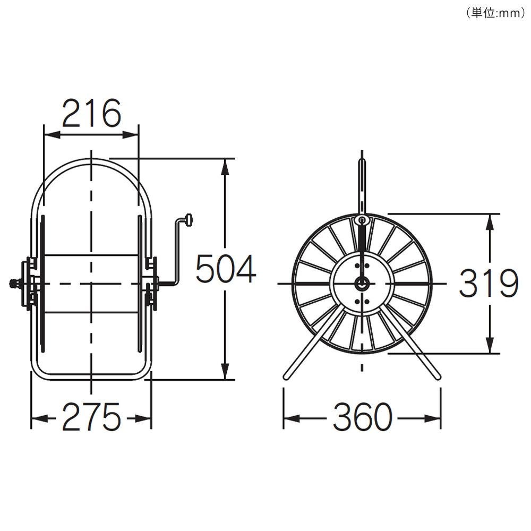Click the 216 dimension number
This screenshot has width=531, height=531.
tap(91, 113)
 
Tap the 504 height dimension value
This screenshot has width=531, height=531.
tap(226, 269)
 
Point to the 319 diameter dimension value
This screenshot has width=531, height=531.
tap(489, 283)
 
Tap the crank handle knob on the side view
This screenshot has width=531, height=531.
tap(190, 220)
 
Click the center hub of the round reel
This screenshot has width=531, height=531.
tap(362, 283)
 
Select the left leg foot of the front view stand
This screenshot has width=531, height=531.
tap(287, 376)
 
